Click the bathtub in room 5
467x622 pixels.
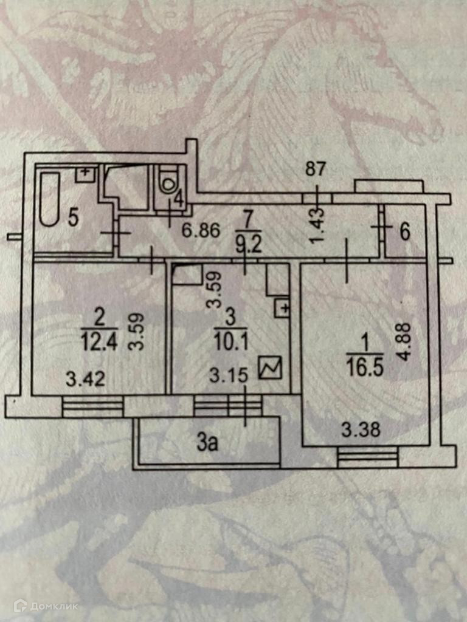click(x=49, y=199)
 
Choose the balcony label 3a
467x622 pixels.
click(x=207, y=444)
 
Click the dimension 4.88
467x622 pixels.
click(x=407, y=341)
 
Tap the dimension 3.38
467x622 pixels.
click(x=361, y=431)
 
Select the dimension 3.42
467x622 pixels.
click(x=86, y=380)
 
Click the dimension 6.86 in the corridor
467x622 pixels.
click(x=199, y=231)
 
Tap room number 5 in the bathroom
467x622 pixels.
click(x=74, y=217)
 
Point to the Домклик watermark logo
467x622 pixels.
click(x=46, y=606)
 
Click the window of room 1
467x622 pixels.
click(x=366, y=457)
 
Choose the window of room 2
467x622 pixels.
click(x=92, y=406)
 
